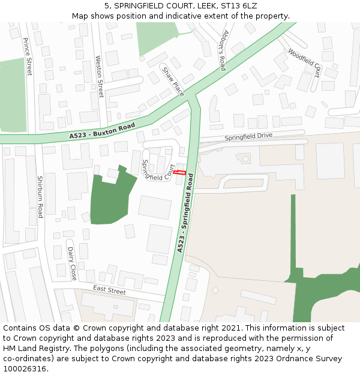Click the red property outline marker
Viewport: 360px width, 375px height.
pyautogui.click(x=179, y=173)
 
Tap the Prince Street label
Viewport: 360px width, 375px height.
pyautogui.click(x=28, y=56)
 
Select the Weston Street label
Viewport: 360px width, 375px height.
pyautogui.click(x=100, y=76)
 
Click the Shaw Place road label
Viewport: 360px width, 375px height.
pyautogui.click(x=173, y=82)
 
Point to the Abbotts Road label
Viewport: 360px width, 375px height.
pyautogui.click(x=223, y=50)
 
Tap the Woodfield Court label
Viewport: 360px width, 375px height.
pyautogui.click(x=304, y=62)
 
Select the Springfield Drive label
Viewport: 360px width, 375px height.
pyautogui.click(x=248, y=137)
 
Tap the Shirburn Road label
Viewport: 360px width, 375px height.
pyautogui.click(x=40, y=197)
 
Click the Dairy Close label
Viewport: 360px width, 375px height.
pyautogui.click(x=72, y=263)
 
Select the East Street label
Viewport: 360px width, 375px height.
pyautogui.click(x=109, y=290)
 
